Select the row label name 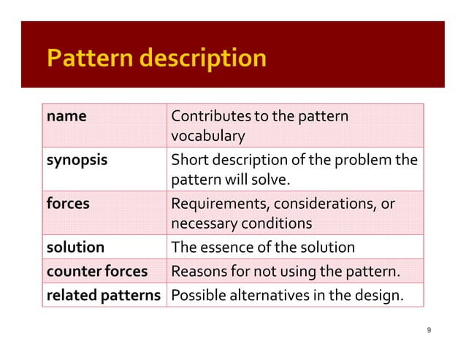[66, 115]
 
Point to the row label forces [68, 203]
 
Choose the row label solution [75, 247]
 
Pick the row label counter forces [96, 272]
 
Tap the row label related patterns [104, 296]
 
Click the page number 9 [429, 331]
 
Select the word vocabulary [207, 137]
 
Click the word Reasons [198, 272]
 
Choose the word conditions [275, 223]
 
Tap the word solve [273, 179]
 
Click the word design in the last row [381, 296]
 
